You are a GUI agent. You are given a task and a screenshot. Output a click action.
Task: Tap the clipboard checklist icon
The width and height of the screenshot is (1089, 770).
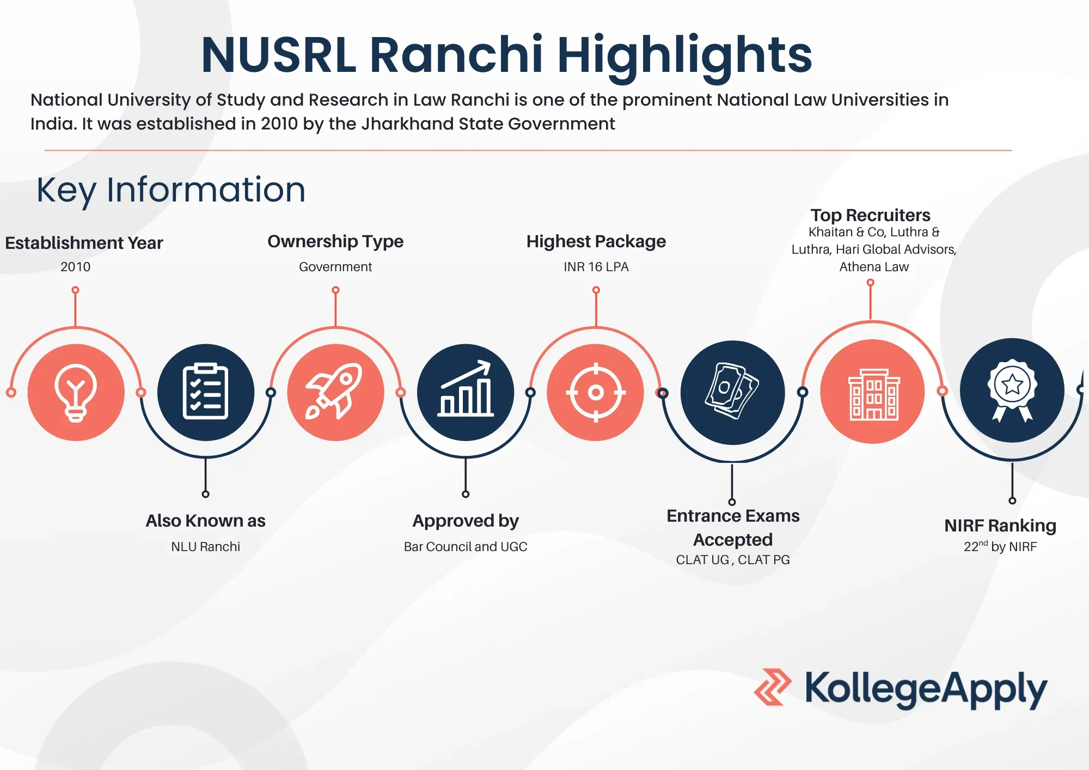point(205,392)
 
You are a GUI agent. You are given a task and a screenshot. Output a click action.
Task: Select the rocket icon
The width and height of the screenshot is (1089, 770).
point(334,390)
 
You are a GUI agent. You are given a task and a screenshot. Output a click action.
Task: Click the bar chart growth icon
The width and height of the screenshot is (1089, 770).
point(466,389)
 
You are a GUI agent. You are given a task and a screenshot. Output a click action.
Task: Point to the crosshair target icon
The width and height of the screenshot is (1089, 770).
point(596,392)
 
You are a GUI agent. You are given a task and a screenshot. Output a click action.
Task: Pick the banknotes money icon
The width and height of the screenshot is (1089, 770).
point(732,391)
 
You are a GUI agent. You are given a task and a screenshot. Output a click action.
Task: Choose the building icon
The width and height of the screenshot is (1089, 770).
point(874,394)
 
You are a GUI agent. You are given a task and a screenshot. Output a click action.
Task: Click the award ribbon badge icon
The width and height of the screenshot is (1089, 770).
point(1012,390)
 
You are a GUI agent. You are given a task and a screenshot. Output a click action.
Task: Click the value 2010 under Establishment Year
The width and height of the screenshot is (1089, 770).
point(76,267)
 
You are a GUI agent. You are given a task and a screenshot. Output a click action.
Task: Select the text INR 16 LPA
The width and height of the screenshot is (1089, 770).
point(596,267)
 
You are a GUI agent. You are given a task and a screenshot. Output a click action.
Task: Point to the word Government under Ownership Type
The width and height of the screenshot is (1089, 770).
point(335,267)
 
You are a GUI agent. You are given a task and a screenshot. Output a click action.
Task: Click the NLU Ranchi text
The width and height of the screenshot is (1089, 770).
point(205,547)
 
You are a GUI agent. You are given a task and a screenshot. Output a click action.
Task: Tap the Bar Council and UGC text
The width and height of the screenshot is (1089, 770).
point(466,547)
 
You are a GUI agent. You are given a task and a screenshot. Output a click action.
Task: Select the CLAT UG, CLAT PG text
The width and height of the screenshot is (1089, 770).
point(733,560)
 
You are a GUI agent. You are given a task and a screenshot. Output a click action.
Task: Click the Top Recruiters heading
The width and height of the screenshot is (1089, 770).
point(870,215)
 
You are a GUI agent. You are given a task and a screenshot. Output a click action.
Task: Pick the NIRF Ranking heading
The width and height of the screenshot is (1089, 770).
point(1000,525)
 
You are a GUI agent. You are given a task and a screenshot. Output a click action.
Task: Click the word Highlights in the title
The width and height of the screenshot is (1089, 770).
point(684,54)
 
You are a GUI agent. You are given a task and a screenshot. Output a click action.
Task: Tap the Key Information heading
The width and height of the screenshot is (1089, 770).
point(171,190)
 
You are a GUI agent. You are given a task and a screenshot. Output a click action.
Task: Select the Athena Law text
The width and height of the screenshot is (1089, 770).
point(874,267)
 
